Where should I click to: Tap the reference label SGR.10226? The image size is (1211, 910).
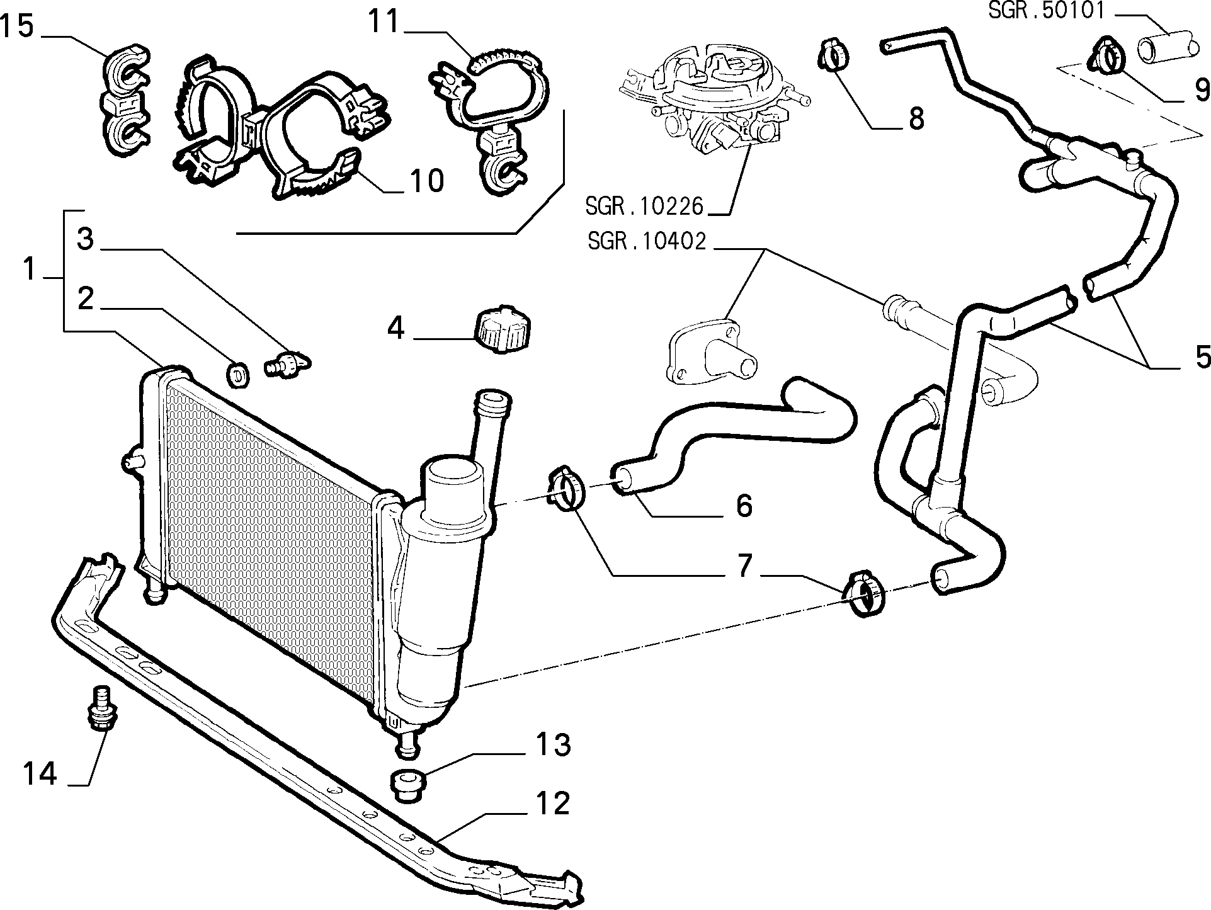[644, 206]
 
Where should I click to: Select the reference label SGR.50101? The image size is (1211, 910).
[1045, 11]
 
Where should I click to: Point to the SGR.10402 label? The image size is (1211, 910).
[647, 242]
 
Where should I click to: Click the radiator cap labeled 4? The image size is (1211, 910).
[502, 329]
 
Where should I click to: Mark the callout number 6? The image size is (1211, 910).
[744, 505]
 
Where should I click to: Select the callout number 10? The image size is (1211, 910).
[426, 181]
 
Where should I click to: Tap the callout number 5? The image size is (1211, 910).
[1202, 358]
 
